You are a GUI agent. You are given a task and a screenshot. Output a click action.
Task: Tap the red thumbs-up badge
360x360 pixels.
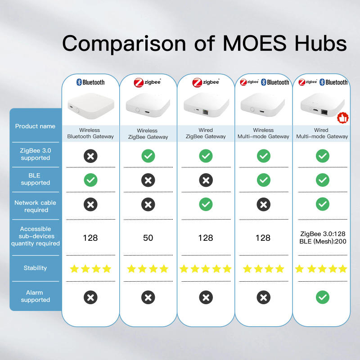342,118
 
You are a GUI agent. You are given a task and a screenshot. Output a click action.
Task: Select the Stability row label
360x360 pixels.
35,268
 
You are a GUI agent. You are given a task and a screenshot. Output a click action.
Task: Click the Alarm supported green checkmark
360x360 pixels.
322,297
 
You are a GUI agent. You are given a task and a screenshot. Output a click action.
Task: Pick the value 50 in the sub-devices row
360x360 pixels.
148,238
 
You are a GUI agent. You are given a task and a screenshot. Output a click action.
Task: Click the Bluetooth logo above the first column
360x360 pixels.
90,82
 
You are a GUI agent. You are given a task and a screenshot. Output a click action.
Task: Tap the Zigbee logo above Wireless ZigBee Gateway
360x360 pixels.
148,82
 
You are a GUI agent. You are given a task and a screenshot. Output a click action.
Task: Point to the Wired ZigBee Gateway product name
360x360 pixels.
206,133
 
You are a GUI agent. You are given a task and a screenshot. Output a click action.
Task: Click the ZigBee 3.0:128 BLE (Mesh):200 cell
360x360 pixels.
322,237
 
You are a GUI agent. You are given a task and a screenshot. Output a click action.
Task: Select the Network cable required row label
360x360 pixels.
35,206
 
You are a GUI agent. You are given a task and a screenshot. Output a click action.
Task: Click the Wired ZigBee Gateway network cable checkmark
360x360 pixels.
206,204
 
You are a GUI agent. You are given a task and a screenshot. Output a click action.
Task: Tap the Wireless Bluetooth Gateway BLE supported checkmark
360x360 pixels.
90,180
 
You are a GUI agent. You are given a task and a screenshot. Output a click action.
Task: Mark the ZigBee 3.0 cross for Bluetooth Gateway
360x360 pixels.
90,156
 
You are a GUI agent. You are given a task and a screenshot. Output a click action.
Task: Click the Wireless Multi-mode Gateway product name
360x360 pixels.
263,133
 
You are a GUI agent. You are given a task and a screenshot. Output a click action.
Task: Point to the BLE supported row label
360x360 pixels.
35,179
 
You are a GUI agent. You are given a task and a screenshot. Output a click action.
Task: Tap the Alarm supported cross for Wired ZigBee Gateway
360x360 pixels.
206,297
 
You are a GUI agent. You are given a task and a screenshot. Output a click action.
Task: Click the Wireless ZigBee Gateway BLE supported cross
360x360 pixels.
148,180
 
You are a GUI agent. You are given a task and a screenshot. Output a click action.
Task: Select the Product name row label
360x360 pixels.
35,126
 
